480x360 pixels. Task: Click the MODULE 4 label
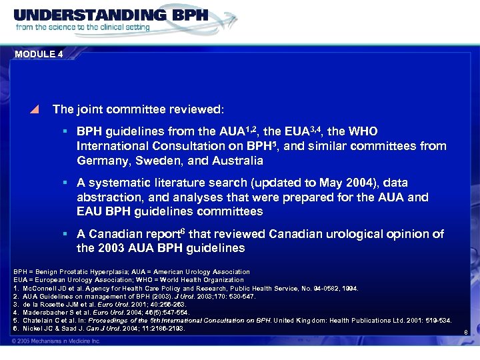pos(38,54)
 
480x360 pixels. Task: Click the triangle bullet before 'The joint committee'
pos(37,107)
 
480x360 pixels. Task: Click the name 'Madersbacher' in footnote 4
pos(43,312)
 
